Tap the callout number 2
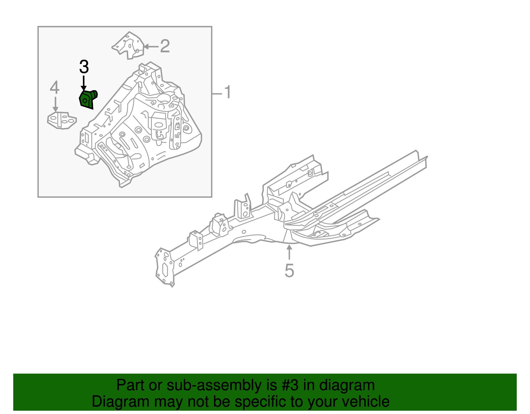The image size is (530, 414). [165, 46]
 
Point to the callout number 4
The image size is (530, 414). [55, 88]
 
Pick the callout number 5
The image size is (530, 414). [289, 270]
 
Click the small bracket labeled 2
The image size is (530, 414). [129, 45]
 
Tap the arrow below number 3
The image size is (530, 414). [84, 83]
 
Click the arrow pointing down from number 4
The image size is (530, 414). [55, 104]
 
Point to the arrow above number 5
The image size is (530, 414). [289, 252]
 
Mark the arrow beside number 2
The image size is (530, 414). [150, 47]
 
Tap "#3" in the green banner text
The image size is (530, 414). [290, 385]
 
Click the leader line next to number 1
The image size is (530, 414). [217, 94]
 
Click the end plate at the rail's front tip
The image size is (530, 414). [164, 267]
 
